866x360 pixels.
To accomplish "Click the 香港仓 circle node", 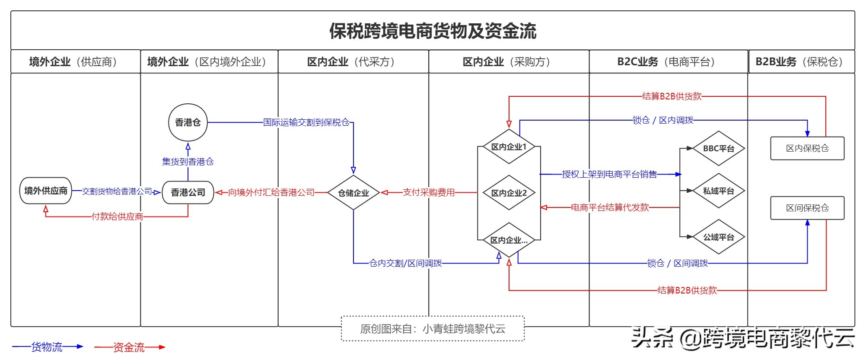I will [x=188, y=122].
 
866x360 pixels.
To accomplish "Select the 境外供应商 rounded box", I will [x=45, y=191].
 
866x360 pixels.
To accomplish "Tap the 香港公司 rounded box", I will [x=188, y=192].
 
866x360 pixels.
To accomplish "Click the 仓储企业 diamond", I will [x=353, y=193].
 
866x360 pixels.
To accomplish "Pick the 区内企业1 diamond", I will [x=509, y=147].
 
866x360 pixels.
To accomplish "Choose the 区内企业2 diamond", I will [x=509, y=193].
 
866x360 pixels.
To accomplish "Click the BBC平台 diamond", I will [x=718, y=149].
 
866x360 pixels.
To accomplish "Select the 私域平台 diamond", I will [x=718, y=191].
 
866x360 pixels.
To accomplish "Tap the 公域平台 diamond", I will [x=718, y=237].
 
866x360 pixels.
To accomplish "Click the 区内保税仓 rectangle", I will [x=807, y=148].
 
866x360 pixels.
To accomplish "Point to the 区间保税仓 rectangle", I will [x=807, y=208].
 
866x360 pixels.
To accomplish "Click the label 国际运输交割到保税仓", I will [x=306, y=122].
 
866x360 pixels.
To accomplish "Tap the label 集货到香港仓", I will [x=188, y=162].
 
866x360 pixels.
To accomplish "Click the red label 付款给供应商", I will [x=117, y=217].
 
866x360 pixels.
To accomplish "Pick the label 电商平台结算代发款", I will [x=610, y=207].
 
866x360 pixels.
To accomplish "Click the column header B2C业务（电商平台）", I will [x=668, y=62].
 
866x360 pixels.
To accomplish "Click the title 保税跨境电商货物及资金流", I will [x=433, y=31].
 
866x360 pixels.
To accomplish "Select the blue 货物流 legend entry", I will [x=47, y=347].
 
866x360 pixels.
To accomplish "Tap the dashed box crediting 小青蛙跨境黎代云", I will [x=433, y=329].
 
